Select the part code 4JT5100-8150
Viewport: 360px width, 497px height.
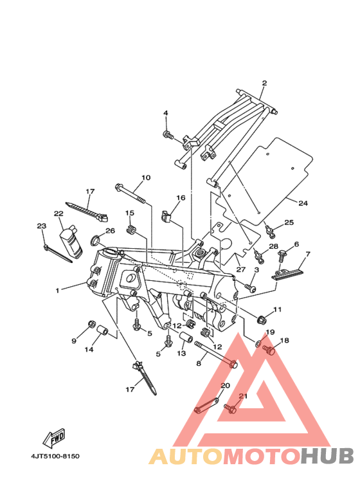(55, 456)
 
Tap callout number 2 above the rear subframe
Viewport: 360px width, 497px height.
(264, 83)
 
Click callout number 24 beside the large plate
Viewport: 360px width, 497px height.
(303, 203)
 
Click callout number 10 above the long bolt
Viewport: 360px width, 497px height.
(146, 177)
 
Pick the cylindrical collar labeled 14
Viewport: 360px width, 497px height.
(102, 331)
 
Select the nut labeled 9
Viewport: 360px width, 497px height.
(91, 324)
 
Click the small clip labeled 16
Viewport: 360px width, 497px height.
(166, 216)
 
